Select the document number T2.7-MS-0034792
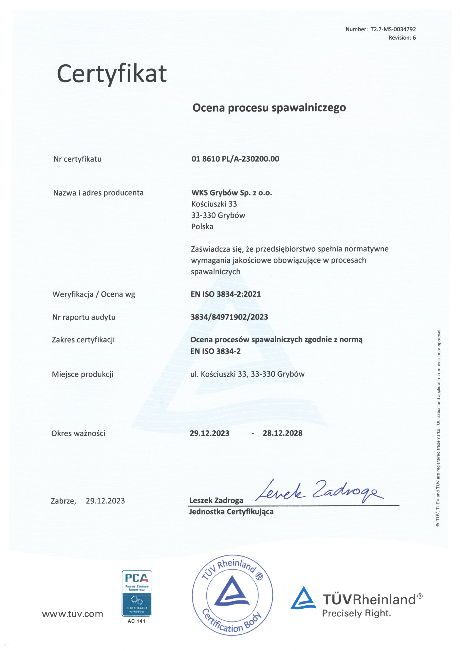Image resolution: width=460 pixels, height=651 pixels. pyautogui.click(x=393, y=29)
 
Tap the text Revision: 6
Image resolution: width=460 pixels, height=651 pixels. pyautogui.click(x=402, y=38)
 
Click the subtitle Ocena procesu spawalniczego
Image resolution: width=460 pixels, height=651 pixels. pyautogui.click(x=269, y=108)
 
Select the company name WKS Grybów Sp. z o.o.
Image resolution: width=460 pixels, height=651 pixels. pyautogui.click(x=232, y=193)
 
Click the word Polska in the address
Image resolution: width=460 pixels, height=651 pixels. pyautogui.click(x=202, y=227)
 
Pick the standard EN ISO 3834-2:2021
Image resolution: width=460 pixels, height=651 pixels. pyautogui.click(x=226, y=294)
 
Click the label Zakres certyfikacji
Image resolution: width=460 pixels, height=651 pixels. pyautogui.click(x=83, y=340)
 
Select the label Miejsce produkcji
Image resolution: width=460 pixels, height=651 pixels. pyautogui.click(x=83, y=374)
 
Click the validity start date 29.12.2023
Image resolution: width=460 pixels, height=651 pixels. pyautogui.click(x=209, y=433)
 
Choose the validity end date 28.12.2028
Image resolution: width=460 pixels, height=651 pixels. pyautogui.click(x=283, y=433)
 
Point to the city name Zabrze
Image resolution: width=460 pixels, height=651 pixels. pyautogui.click(x=63, y=501)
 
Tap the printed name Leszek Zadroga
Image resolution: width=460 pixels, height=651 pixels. pyautogui.click(x=216, y=500)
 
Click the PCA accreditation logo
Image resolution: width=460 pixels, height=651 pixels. pyautogui.click(x=137, y=593)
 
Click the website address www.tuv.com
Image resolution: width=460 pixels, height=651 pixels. pyautogui.click(x=72, y=614)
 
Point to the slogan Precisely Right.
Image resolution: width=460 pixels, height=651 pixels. pyautogui.click(x=356, y=613)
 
